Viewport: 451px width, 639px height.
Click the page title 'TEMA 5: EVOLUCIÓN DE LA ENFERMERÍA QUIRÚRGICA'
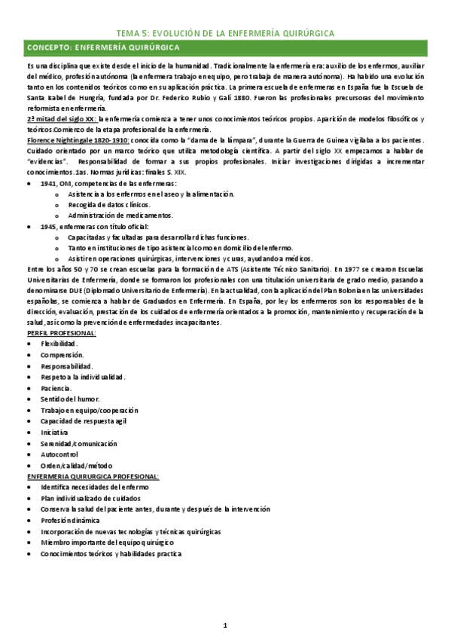coord(226,32)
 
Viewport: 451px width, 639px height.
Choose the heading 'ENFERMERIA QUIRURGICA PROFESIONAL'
coord(93,477)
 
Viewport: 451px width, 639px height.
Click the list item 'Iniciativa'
coord(55,433)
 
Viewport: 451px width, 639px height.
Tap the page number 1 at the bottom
coord(225,625)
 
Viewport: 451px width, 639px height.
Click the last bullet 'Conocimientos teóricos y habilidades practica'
coord(111,554)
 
